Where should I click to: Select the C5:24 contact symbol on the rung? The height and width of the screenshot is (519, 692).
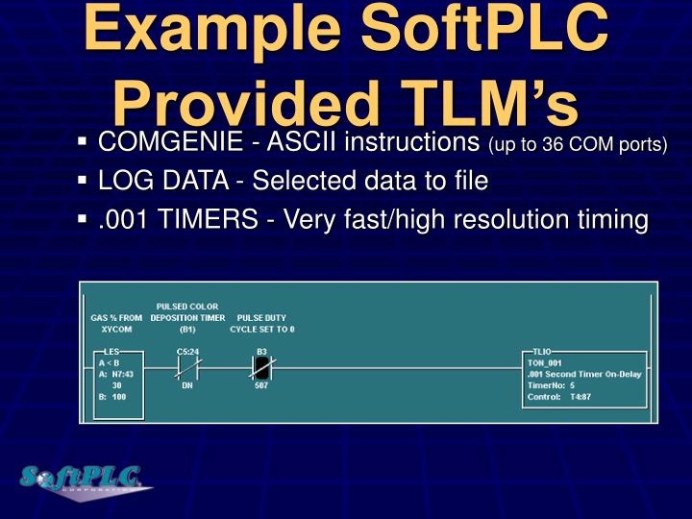pos(187,366)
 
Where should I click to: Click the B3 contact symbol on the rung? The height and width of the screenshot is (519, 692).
pos(261,366)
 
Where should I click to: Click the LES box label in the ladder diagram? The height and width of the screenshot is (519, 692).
pos(111,352)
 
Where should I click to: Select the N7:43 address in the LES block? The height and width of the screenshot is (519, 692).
pos(125,374)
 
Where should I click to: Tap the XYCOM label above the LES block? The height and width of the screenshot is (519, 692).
pos(116,328)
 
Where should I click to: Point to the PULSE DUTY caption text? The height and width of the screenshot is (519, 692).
pos(261,317)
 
